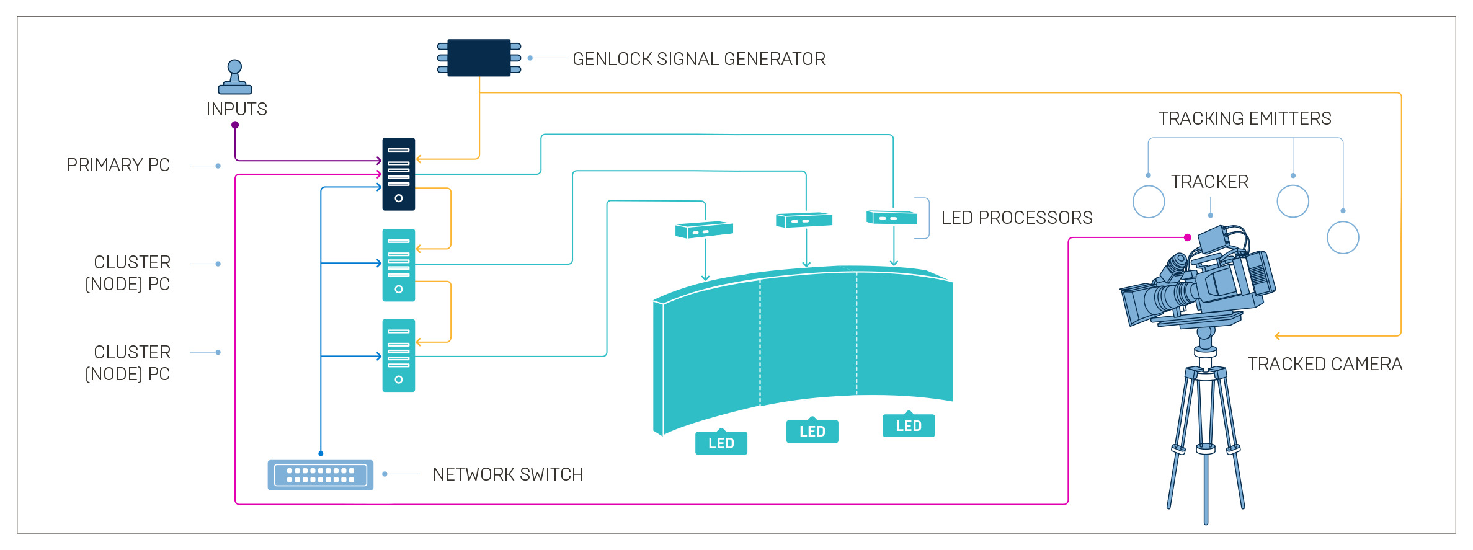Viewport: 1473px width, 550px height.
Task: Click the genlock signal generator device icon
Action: (479, 58)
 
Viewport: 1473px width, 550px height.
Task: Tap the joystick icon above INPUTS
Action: (234, 77)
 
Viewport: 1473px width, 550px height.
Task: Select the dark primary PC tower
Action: (398, 174)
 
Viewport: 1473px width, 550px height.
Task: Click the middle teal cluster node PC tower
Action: (398, 265)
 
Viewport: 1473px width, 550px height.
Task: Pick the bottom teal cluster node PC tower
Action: (398, 355)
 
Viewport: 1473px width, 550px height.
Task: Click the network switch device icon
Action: (320, 475)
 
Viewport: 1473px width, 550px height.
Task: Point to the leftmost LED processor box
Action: (704, 230)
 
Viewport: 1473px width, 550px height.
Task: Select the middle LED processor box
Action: (804, 220)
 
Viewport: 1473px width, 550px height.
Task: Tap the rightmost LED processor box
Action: (892, 217)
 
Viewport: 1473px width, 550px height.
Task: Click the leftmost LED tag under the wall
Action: (721, 443)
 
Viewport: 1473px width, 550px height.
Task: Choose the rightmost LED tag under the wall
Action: (908, 425)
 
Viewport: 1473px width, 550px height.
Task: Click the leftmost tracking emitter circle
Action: (1148, 202)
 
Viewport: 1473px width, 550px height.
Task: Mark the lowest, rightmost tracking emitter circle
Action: (1343, 237)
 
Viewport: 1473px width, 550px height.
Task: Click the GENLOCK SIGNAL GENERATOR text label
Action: (698, 59)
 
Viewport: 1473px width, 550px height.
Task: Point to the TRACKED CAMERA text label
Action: (1325, 364)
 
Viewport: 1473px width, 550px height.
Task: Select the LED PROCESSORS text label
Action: (1017, 218)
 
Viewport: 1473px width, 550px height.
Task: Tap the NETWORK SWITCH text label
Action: (508, 474)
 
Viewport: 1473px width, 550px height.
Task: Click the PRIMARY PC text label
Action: (118, 165)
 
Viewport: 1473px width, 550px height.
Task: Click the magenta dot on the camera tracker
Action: (1187, 237)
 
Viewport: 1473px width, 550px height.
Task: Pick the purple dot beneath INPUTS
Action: (235, 125)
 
